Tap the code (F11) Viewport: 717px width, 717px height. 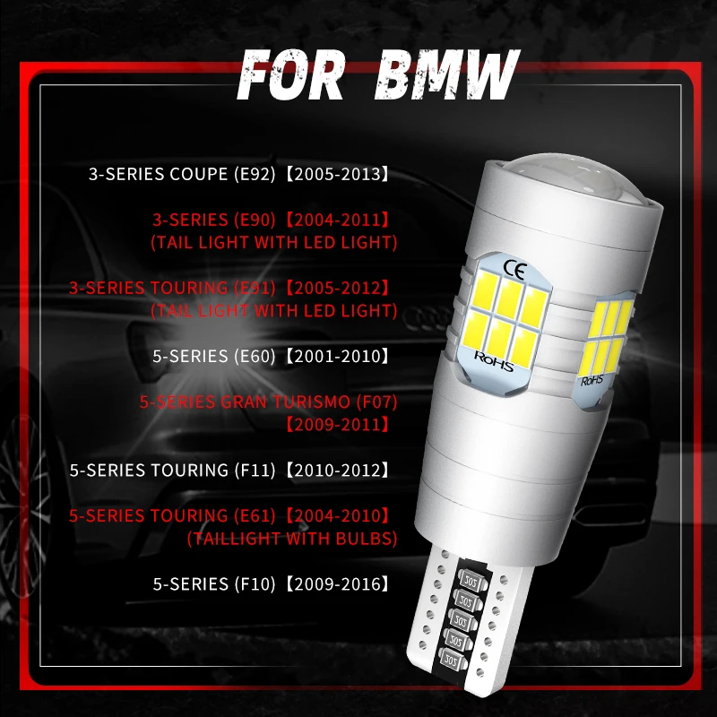[x=256, y=470]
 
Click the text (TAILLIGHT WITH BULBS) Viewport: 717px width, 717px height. [x=291, y=538]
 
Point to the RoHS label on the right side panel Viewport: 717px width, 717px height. [x=593, y=380]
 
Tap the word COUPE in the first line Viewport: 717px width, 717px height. [x=201, y=173]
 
